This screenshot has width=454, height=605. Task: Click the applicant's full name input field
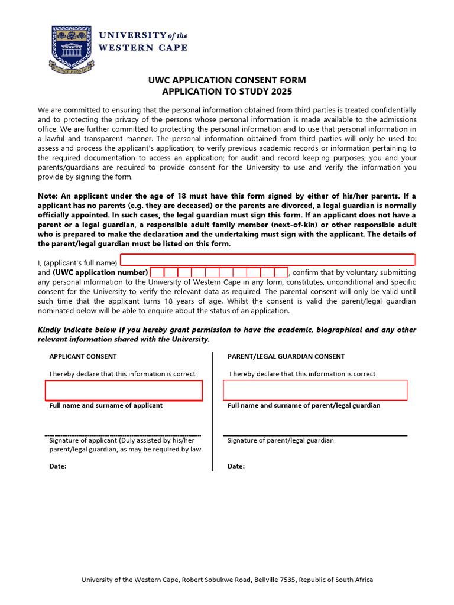click(x=268, y=260)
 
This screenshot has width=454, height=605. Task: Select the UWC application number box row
click(x=219, y=272)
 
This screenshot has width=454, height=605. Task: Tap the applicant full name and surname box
click(x=124, y=391)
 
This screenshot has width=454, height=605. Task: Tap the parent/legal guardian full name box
click(x=315, y=390)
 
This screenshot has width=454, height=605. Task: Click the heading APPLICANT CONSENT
click(x=83, y=356)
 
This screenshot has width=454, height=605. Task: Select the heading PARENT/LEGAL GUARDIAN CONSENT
click(x=286, y=356)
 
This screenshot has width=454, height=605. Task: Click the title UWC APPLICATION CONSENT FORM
click(x=227, y=80)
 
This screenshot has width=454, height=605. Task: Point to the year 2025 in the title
click(x=281, y=92)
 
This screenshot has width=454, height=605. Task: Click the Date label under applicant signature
click(x=57, y=466)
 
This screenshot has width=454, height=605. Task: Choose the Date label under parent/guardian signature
click(x=236, y=466)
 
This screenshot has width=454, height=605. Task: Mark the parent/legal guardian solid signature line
click(x=315, y=435)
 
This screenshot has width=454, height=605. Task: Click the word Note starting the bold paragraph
click(x=47, y=196)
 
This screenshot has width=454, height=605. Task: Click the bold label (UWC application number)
click(x=100, y=272)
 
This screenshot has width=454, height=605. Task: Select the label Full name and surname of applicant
click(x=106, y=405)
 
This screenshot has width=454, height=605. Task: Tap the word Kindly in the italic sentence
click(x=50, y=330)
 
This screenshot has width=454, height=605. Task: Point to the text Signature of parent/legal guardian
click(x=281, y=440)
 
